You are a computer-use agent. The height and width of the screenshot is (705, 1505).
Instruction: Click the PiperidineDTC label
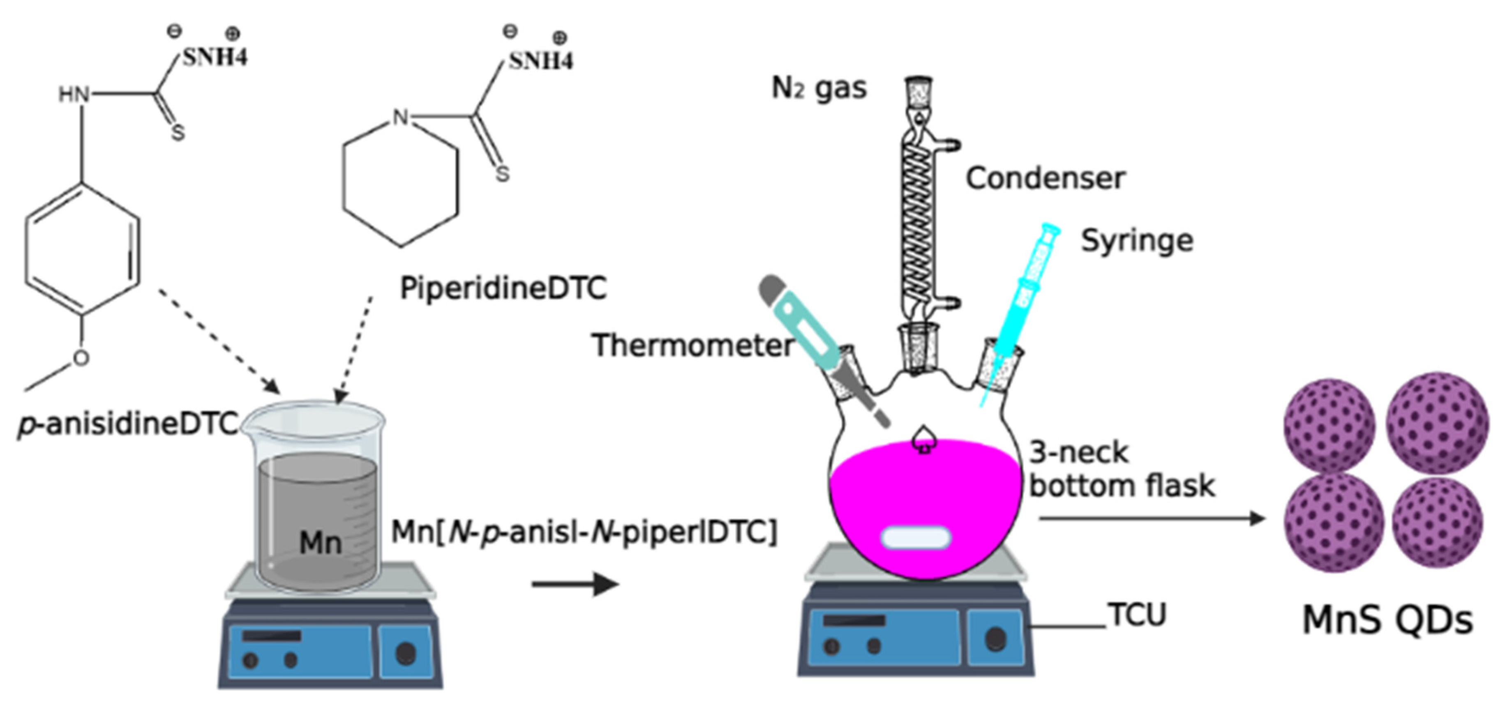point(503,288)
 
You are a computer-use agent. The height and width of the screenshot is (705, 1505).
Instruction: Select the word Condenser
point(1045,178)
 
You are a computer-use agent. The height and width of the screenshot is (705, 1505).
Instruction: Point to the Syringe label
point(1136,241)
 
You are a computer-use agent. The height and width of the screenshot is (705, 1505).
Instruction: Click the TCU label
point(1137,615)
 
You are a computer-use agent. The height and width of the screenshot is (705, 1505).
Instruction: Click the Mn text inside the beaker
point(320,543)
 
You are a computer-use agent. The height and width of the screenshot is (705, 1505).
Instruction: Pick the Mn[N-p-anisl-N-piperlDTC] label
point(584,532)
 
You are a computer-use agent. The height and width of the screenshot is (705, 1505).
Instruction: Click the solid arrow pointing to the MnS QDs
point(1151,518)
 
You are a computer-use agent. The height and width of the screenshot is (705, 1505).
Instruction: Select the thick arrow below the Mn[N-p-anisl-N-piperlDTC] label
point(575,583)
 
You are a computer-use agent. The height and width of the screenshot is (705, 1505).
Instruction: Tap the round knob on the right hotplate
point(995,638)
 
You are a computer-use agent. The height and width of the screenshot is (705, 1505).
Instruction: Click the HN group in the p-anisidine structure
point(74,94)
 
